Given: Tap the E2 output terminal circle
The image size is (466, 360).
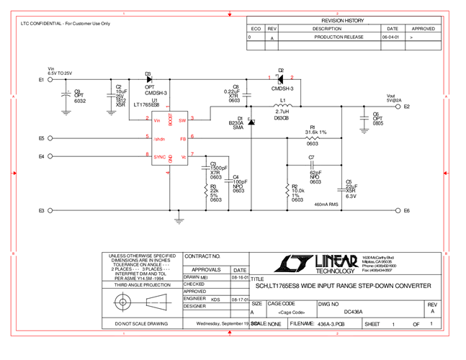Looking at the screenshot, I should coord(398,107).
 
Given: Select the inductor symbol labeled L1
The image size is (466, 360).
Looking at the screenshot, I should coord(283,107).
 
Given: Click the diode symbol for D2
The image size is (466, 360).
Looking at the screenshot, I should coord(280,78).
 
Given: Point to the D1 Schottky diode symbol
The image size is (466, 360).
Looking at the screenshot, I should coord(251,123).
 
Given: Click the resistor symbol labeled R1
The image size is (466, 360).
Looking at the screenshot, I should coord(312,138).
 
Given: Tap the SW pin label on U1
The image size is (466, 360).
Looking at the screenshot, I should coord(182,120).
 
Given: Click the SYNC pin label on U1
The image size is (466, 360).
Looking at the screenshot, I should coord(160,156).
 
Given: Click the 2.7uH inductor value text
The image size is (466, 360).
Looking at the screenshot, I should coord(282,112).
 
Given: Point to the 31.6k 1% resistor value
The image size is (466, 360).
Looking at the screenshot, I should coord(315,132).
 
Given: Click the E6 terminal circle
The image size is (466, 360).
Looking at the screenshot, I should coord(397,210).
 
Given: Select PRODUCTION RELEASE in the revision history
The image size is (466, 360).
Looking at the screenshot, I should coord(339,37).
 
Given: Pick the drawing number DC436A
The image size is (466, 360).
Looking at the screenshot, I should coord(353,312).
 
